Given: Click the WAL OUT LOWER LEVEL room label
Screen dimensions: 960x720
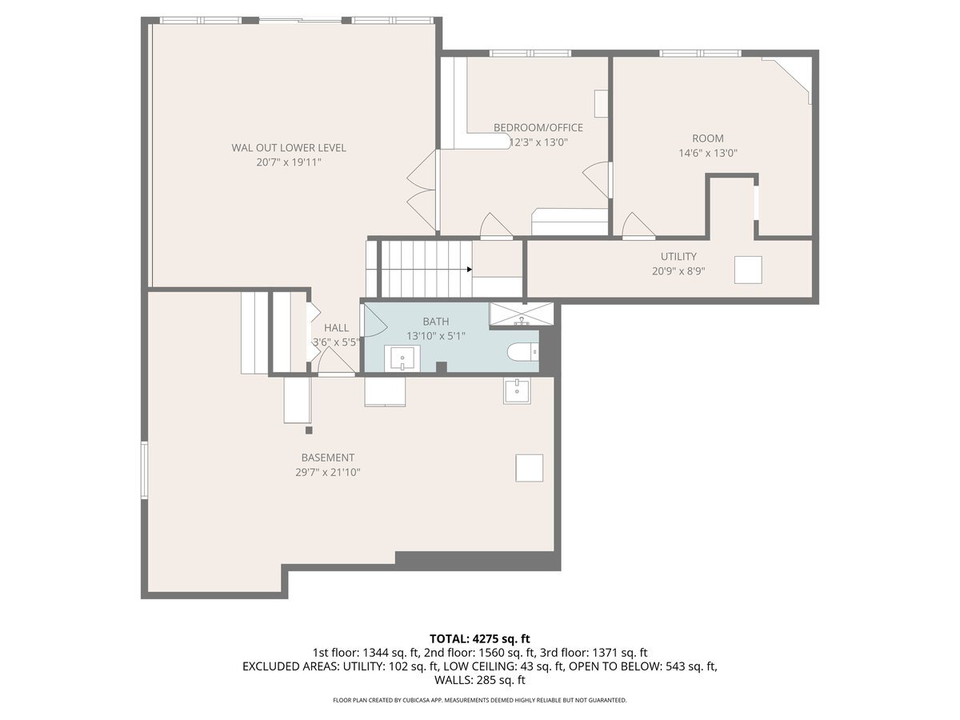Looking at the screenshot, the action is pyautogui.click(x=289, y=148).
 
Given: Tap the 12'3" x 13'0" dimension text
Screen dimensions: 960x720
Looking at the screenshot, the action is pyautogui.click(x=538, y=142).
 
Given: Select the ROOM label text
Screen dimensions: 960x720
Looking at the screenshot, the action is pyautogui.click(x=708, y=138).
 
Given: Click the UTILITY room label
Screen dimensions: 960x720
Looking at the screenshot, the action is pyautogui.click(x=678, y=256).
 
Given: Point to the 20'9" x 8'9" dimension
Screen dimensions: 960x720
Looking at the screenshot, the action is pyautogui.click(x=678, y=271).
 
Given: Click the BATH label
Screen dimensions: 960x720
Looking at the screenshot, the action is pyautogui.click(x=436, y=322).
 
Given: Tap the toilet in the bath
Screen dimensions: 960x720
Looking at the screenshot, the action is pyautogui.click(x=522, y=352).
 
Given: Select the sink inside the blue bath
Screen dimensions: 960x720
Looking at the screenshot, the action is pyautogui.click(x=402, y=358).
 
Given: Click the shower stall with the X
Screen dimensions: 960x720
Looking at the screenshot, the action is pyautogui.click(x=522, y=314).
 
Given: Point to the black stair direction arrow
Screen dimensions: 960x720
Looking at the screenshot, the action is pyautogui.click(x=470, y=270).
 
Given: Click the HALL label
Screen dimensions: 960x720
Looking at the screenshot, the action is pyautogui.click(x=336, y=328).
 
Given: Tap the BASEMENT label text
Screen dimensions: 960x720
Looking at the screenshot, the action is pyautogui.click(x=327, y=458).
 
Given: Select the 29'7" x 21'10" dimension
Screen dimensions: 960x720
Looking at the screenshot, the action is pyautogui.click(x=327, y=473).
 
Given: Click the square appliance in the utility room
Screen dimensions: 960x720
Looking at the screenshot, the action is pyautogui.click(x=748, y=270).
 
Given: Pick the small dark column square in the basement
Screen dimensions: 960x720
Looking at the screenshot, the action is pyautogui.click(x=309, y=430).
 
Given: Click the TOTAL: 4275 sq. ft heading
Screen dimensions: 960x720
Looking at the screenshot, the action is pyautogui.click(x=480, y=638).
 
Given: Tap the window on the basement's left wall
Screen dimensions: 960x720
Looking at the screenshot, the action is pyautogui.click(x=144, y=470).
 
